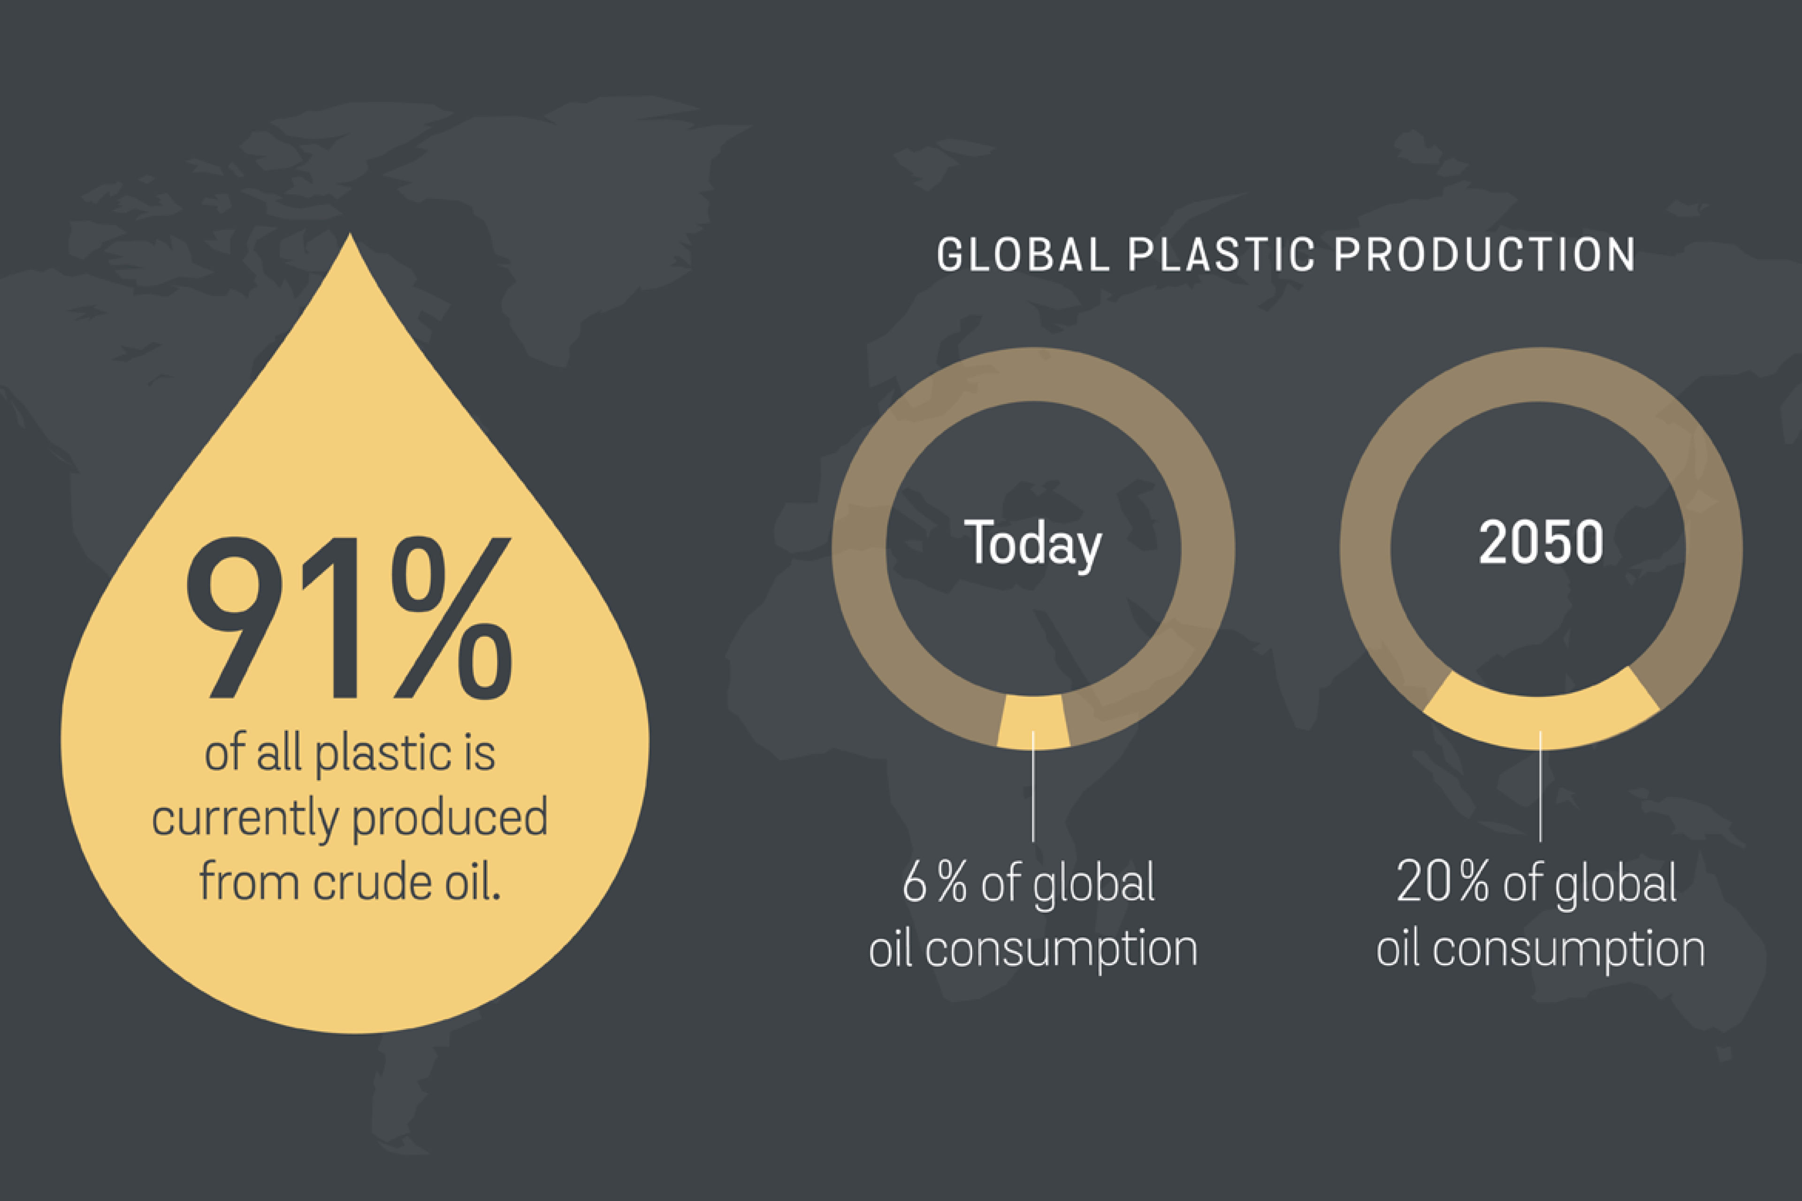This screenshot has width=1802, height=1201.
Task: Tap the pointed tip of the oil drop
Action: pyautogui.click(x=350, y=234)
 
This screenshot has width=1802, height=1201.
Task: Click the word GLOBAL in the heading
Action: pyautogui.click(x=1023, y=255)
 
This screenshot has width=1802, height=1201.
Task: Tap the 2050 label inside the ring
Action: pyautogui.click(x=1541, y=542)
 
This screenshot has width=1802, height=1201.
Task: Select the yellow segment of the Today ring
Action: pyautogui.click(x=1033, y=722)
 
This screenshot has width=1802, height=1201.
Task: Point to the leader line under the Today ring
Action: pyautogui.click(x=1033, y=786)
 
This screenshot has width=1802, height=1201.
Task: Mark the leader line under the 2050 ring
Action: pyautogui.click(x=1541, y=786)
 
